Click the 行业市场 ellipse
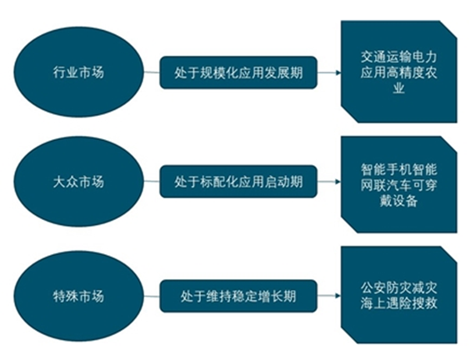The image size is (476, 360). click(x=78, y=72)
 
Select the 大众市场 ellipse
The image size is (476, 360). click(x=78, y=182)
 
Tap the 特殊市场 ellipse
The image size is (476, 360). click(x=78, y=296)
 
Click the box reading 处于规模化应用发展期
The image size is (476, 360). click(x=238, y=72)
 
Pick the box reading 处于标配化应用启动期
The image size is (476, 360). click(x=238, y=182)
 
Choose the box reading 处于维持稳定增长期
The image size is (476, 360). click(x=238, y=296)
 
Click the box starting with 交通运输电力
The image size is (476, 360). click(x=399, y=72)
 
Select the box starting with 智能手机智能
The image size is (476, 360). click(x=399, y=184)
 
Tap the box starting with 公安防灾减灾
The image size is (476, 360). click(x=399, y=295)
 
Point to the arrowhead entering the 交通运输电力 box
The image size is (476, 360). click(x=338, y=72)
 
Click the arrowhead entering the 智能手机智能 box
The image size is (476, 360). click(x=338, y=182)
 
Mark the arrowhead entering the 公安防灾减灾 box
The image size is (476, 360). click(x=338, y=295)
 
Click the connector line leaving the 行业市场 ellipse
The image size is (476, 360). click(x=152, y=72)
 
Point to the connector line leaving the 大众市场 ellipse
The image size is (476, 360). click(x=152, y=182)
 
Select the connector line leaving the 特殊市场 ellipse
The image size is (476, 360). click(x=152, y=296)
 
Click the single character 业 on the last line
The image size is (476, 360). click(x=399, y=88)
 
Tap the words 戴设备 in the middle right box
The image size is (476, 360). click(x=399, y=201)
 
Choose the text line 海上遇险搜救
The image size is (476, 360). click(x=399, y=303)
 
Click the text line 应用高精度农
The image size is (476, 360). click(x=399, y=72)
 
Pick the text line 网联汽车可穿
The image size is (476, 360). click(x=399, y=185)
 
